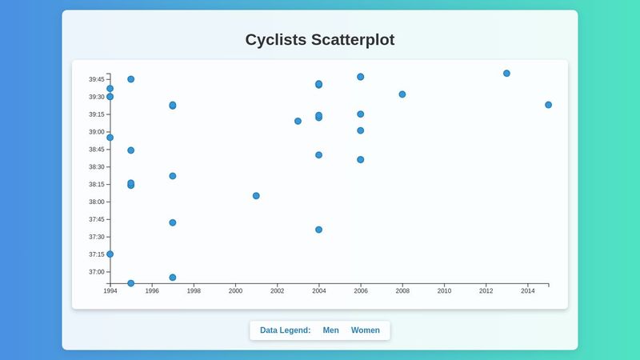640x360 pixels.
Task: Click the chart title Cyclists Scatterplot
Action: [x=319, y=40]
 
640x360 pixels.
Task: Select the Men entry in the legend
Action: [x=330, y=330]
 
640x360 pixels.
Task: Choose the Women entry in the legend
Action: [x=365, y=330]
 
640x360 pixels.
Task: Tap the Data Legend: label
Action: [x=285, y=330]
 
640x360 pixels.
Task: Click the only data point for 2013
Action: [x=506, y=74]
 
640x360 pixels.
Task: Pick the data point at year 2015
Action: [x=548, y=105]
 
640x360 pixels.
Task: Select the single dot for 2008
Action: [x=402, y=94]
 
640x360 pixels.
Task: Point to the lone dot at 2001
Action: [x=256, y=196]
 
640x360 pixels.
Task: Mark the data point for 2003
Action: [x=298, y=122]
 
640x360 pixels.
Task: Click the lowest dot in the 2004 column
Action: [x=318, y=230]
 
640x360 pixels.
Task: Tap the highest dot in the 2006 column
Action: [x=360, y=77]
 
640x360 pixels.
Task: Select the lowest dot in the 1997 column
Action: [x=173, y=278]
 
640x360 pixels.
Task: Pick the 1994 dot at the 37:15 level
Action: [x=110, y=254]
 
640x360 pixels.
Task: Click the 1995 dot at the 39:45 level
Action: [x=131, y=79]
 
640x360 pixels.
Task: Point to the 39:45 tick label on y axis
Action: [x=96, y=79]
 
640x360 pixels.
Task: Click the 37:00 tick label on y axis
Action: [x=96, y=272]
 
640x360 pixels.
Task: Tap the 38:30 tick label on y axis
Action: [x=96, y=167]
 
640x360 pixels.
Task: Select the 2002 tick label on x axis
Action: [x=277, y=291]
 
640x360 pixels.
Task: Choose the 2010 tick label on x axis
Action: [x=444, y=291]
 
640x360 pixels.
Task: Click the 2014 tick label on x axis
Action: [x=527, y=291]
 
